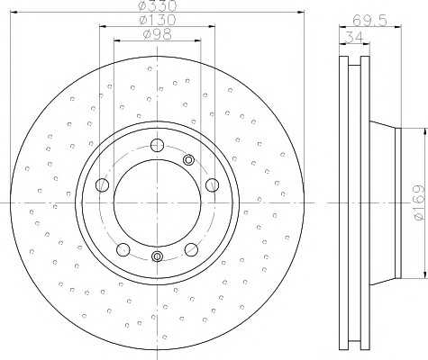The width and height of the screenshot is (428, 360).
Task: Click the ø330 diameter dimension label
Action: tap(157, 7)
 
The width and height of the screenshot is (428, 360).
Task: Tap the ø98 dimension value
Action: tap(157, 35)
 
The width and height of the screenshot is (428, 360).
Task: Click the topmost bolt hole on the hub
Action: tap(158, 145)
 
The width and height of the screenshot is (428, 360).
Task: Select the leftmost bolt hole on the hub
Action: tap(102, 185)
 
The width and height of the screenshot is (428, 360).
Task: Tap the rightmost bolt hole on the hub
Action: tap(213, 185)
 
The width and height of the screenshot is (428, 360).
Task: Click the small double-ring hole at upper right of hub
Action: tap(189, 160)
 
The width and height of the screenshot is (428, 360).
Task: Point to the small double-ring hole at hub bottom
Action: tap(158, 257)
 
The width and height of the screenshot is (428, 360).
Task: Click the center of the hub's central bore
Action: tap(158, 202)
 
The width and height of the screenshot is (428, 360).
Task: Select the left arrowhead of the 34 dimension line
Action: tap(342, 43)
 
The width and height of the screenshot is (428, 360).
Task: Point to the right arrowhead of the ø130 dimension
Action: tap(214, 27)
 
